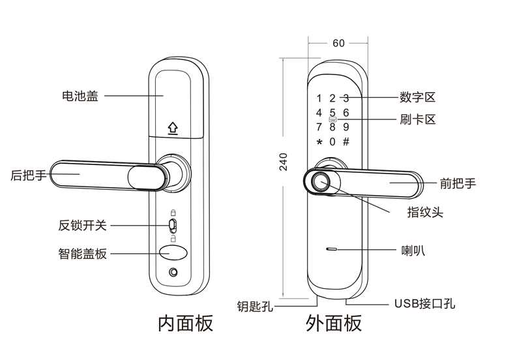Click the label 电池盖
click(80, 96)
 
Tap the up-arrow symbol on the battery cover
click(173, 128)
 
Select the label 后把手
click(28, 175)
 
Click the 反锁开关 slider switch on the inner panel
click(173, 225)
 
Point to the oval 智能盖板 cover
click(173, 253)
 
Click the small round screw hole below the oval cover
click(173, 273)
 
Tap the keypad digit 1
click(319, 98)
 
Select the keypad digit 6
click(346, 113)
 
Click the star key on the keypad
click(319, 143)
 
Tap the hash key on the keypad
click(346, 142)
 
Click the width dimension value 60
click(338, 43)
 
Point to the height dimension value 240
click(283, 162)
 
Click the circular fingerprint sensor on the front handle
click(320, 181)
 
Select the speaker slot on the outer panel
click(331, 249)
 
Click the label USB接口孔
click(424, 303)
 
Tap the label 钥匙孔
click(255, 306)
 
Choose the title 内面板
click(186, 323)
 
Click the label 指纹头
click(425, 212)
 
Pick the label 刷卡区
click(417, 119)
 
